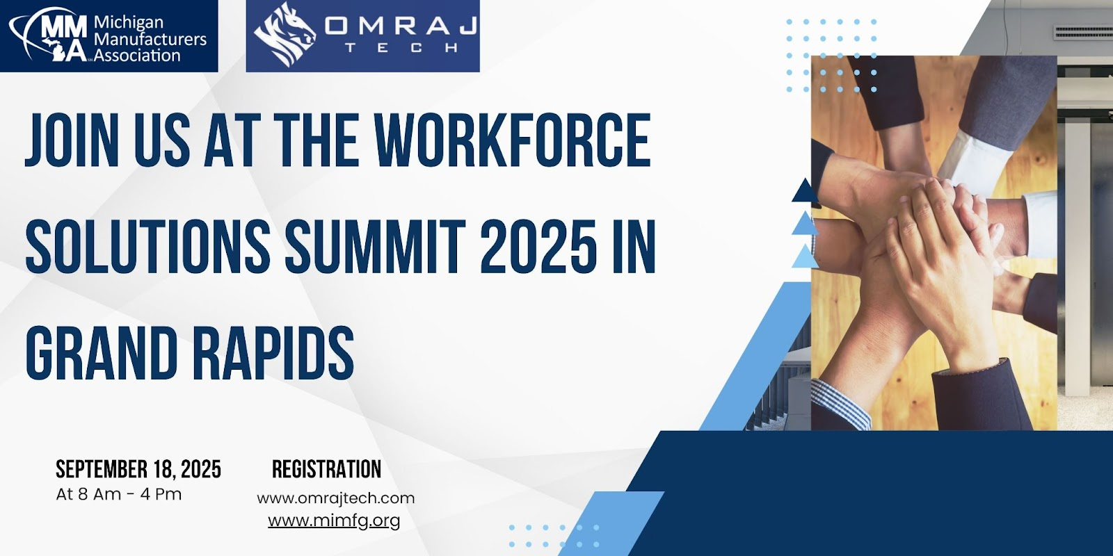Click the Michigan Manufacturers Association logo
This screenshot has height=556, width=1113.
click(109, 35)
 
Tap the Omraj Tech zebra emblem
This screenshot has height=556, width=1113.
click(285, 35)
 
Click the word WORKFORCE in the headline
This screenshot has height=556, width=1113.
click(513, 140)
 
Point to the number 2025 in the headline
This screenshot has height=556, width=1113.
click(538, 247)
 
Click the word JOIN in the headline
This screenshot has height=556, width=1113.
click(73, 140)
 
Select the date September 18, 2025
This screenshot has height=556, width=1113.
click(138, 469)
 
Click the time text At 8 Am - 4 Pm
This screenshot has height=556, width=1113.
click(119, 494)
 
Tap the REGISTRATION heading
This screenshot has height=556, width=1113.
click(326, 469)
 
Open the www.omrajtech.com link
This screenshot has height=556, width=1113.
click(336, 498)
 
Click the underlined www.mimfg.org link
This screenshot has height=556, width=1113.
click(334, 521)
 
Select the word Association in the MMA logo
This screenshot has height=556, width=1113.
click(137, 55)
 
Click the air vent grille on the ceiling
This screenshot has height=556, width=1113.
click(1083, 32)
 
